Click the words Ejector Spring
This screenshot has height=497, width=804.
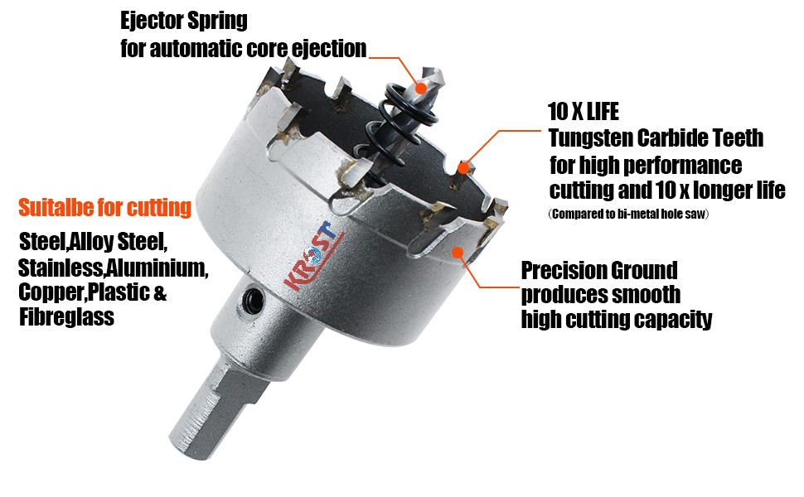coord(184,19)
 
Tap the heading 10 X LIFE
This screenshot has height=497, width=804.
coord(584,111)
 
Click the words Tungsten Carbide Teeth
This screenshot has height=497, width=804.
coord(656,138)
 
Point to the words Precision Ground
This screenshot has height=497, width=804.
coord(598,270)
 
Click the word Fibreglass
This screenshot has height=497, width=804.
coord(66,317)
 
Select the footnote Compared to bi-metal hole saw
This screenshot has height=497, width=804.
coord(632,215)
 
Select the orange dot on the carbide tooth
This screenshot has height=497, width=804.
coord(466,166)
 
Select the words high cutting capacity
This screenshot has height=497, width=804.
coord(617,320)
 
